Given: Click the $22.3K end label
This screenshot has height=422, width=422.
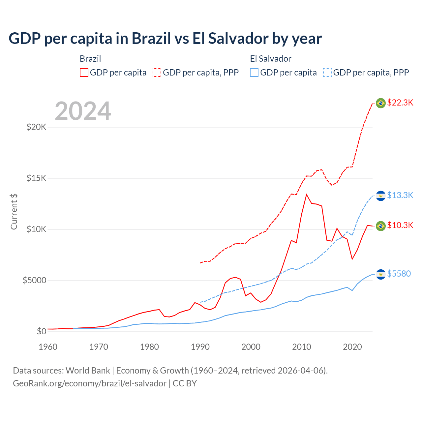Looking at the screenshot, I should tap(400, 103).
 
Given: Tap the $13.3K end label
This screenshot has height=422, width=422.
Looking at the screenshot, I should tap(400, 195).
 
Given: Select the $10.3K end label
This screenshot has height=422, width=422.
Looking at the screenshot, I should tap(400, 225).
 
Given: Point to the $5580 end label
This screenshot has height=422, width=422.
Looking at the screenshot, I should tap(399, 274).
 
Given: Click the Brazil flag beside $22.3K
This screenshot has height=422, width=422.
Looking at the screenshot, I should tap(381, 103).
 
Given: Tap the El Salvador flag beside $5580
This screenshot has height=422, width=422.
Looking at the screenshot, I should tap(381, 274).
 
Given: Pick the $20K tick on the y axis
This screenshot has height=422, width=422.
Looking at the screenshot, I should tap(37, 127).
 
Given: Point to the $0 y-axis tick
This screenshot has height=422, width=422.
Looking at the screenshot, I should tap(42, 331).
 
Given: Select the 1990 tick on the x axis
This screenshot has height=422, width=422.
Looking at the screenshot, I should tap(200, 347).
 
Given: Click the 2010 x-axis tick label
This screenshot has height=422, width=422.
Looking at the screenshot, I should tap(302, 347).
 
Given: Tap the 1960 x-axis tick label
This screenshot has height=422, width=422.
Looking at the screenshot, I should tap(48, 347).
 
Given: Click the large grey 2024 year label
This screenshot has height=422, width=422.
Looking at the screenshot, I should tap(83, 111).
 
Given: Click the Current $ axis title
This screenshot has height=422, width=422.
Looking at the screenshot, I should tap(14, 211).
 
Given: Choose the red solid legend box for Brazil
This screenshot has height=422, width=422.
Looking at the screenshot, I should tap(84, 73).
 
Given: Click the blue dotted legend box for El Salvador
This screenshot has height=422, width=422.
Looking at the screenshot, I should tap(327, 73).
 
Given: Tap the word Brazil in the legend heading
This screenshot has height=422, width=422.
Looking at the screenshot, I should tap(90, 59).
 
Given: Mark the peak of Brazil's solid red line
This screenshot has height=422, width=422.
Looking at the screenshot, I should tap(307, 195).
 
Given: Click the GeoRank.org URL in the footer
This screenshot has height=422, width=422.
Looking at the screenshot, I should tap(90, 383).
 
